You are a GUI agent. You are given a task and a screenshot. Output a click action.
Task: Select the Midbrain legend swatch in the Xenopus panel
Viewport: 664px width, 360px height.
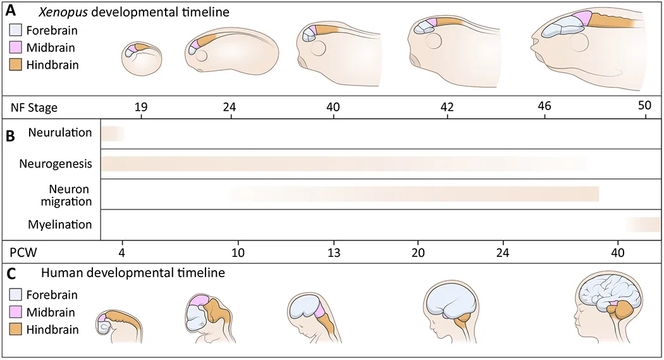(x=15, y=47)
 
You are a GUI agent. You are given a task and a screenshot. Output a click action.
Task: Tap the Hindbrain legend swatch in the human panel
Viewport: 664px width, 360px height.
(x=15, y=329)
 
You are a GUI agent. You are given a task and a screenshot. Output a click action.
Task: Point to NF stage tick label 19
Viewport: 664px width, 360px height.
(x=141, y=107)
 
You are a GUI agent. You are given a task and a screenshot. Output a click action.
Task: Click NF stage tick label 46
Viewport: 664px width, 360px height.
(x=544, y=105)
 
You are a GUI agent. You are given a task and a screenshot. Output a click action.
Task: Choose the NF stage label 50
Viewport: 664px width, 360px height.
(x=644, y=105)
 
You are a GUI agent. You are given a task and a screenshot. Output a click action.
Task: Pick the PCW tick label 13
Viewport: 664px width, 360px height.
(x=334, y=252)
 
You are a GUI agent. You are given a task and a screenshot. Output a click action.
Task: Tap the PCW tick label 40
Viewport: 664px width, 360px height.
(x=618, y=252)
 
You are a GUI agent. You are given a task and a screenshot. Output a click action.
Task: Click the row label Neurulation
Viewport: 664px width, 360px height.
(x=60, y=133)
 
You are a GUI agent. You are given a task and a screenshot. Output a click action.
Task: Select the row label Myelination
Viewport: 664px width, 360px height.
(x=59, y=225)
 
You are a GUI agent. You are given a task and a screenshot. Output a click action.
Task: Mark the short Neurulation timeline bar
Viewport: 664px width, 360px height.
(x=113, y=133)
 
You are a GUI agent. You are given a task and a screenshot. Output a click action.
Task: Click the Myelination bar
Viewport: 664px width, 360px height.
(x=644, y=225)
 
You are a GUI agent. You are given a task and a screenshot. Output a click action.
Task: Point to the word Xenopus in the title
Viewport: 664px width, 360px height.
(x=63, y=12)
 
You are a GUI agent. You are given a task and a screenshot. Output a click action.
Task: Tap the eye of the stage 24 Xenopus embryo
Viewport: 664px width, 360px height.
(x=201, y=56)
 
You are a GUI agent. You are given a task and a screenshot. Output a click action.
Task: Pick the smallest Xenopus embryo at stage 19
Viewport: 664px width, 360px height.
(x=142, y=59)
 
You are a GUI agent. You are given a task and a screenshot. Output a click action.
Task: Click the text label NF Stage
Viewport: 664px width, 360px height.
(x=34, y=108)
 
